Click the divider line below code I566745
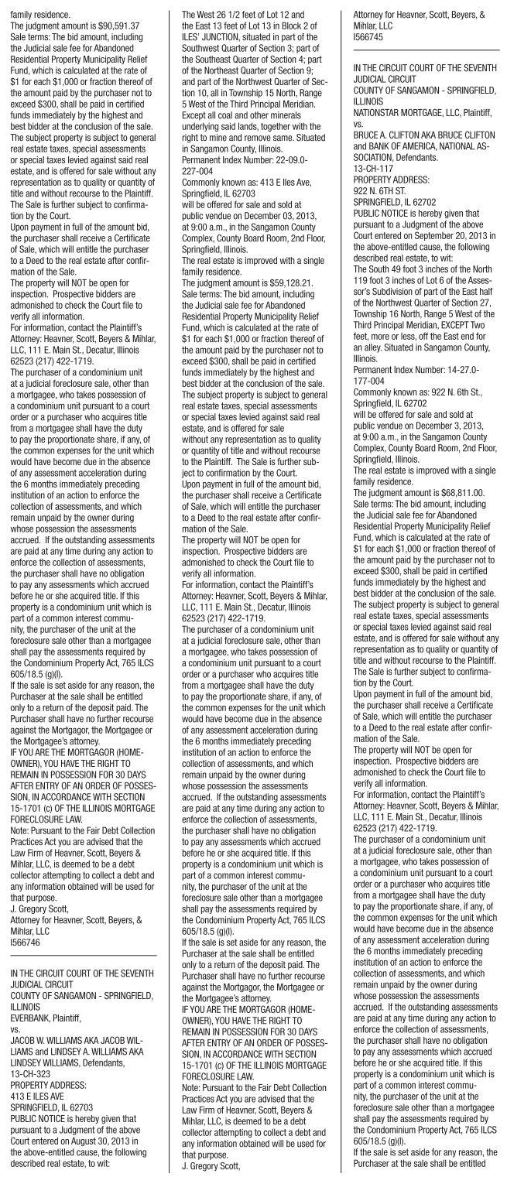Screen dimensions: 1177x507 tap(421, 52)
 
